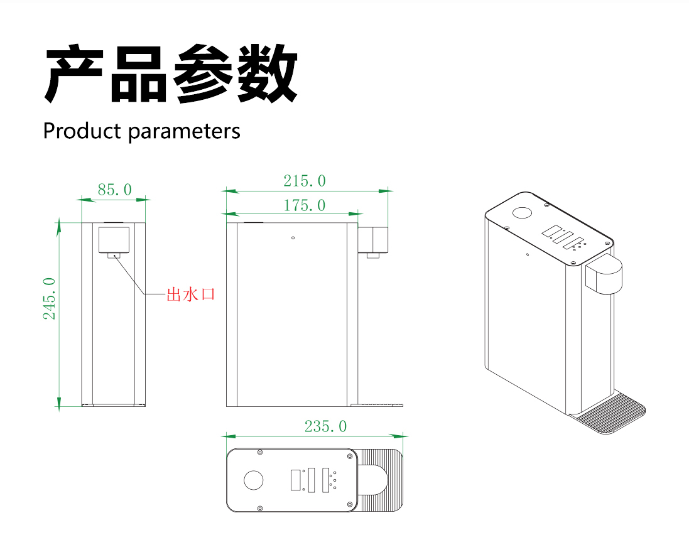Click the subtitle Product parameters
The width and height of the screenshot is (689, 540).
141,131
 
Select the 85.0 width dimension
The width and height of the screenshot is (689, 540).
114,189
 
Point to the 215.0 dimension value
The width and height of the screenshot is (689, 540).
305,181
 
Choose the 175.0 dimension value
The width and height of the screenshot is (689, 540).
305,205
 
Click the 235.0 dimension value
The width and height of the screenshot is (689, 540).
325,426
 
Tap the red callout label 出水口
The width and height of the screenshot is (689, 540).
190,294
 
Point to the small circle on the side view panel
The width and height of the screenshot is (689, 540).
293,238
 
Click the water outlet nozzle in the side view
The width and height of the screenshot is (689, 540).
372,256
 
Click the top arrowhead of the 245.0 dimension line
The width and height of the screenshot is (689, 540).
59,224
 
